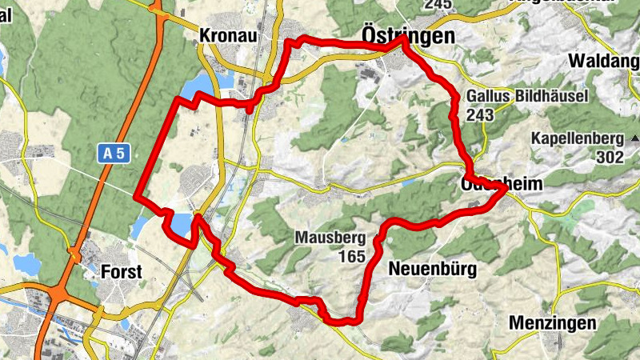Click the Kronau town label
[228, 35]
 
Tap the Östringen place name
[408, 36]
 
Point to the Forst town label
[122, 271]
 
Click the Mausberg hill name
[330, 238]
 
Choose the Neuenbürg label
[432, 270]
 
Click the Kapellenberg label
[577, 138]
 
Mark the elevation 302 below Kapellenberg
[609, 157]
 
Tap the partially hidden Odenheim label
[502, 184]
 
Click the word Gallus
[486, 97]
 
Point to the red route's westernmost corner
[136, 195]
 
